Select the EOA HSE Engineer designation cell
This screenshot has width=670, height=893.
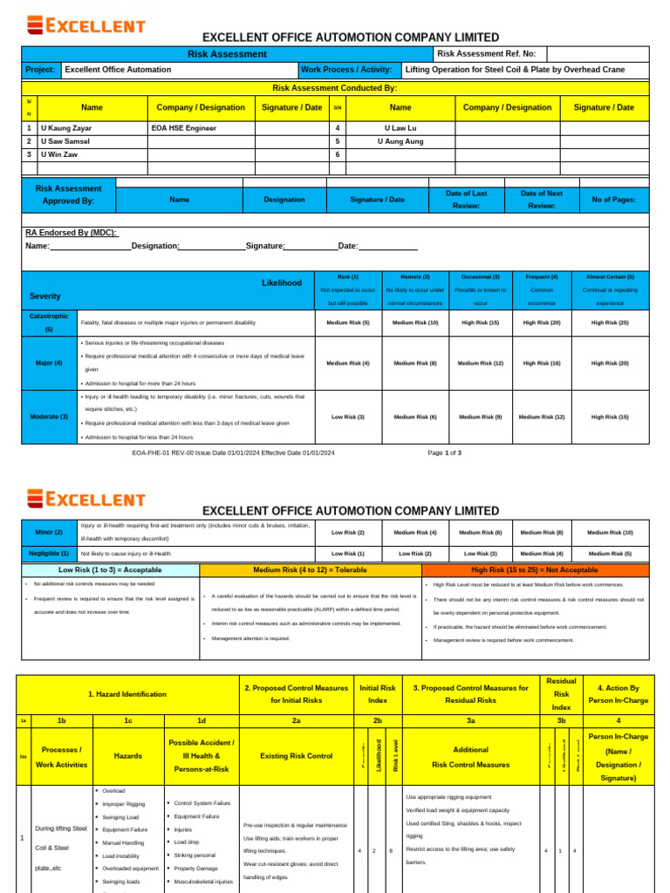click(x=184, y=127)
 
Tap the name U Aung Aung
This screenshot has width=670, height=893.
click(x=400, y=140)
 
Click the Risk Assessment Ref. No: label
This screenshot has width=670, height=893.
click(x=486, y=54)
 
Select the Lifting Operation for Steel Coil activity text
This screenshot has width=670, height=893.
click(x=515, y=69)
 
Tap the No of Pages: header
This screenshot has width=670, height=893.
click(x=613, y=199)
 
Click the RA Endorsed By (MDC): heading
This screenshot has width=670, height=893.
click(x=72, y=233)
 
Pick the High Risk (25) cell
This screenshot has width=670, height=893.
click(x=610, y=323)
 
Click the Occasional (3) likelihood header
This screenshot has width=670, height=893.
click(x=481, y=276)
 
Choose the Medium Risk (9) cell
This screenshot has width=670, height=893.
click(x=481, y=417)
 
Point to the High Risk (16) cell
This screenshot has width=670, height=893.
click(x=542, y=363)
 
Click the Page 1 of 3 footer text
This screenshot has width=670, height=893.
click(x=445, y=453)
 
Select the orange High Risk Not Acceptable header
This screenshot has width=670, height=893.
click(x=536, y=569)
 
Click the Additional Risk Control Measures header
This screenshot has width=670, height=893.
click(x=470, y=756)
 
